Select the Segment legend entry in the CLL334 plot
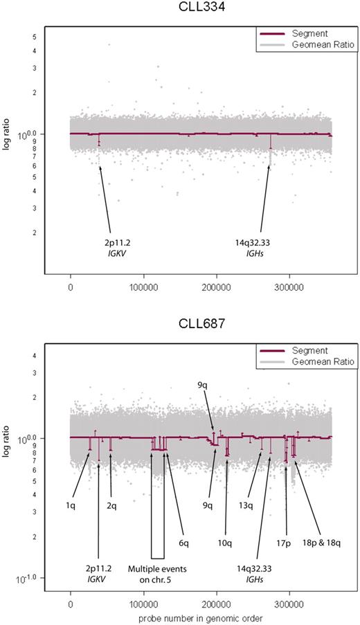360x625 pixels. (304, 33)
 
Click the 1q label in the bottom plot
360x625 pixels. (71, 506)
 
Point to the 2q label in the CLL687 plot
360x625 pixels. (111, 506)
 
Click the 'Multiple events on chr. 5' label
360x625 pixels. (157, 574)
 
